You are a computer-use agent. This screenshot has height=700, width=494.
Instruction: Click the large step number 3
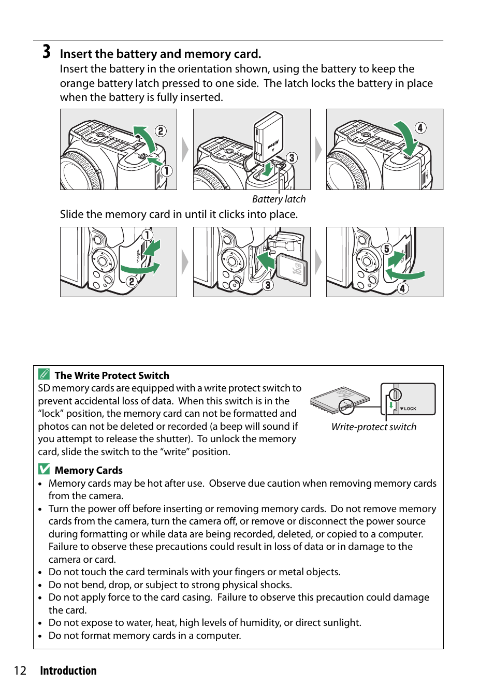point(47,52)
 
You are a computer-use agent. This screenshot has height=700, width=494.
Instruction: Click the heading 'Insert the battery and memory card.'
point(160,54)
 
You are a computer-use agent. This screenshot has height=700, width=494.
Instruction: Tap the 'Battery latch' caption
point(279,199)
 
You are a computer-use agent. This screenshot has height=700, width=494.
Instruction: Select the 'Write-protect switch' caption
point(373,427)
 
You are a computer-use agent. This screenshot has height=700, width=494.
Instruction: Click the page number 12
point(20,671)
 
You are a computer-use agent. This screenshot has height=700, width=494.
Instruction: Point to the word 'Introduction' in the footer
point(68,671)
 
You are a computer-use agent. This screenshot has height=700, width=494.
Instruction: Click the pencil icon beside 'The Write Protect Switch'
point(44,374)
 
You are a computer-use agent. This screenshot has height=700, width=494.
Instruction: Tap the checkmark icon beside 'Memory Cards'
point(44,469)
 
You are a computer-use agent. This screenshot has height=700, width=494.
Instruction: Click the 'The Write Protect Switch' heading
point(112,376)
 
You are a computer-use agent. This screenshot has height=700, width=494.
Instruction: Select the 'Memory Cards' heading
point(89,471)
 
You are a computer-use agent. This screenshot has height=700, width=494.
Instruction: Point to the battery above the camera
point(269,136)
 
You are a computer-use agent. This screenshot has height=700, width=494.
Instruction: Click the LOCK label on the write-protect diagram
point(410,409)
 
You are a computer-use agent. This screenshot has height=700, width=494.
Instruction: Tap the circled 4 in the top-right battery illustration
point(420,128)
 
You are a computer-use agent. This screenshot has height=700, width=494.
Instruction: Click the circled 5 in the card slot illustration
point(386,249)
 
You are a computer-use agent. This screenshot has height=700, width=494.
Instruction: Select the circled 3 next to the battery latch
point(292,158)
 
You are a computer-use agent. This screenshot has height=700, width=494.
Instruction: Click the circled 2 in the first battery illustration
point(161,131)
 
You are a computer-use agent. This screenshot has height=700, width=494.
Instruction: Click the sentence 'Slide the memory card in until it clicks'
point(179,214)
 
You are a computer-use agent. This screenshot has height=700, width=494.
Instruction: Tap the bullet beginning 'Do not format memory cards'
point(144,636)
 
